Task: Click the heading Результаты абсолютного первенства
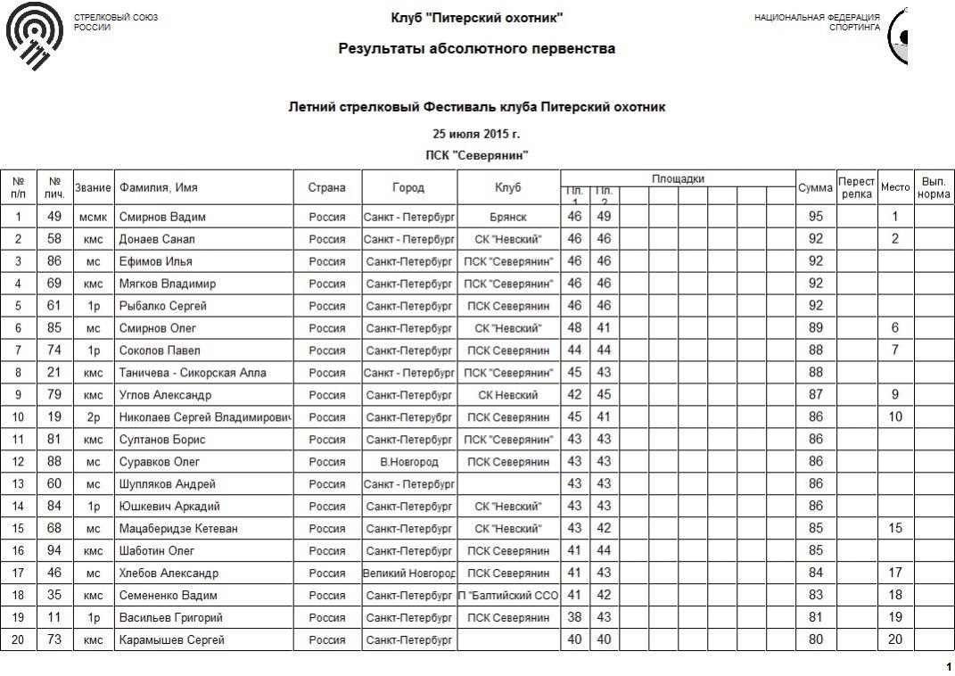(x=476, y=49)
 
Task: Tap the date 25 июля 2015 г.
(x=476, y=135)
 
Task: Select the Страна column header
(x=327, y=188)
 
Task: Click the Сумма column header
(x=815, y=188)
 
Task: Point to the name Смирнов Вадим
(x=162, y=217)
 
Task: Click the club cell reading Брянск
(x=508, y=217)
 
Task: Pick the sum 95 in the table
(x=815, y=217)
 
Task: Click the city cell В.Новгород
(x=409, y=462)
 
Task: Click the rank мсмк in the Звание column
(x=93, y=217)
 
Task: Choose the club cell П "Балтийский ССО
(x=508, y=596)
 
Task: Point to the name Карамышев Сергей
(x=172, y=640)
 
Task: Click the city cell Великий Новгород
(x=409, y=573)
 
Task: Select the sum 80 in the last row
(x=815, y=640)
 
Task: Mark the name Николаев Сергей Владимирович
(x=205, y=417)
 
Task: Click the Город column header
(x=408, y=188)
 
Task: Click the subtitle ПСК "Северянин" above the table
(x=476, y=155)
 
